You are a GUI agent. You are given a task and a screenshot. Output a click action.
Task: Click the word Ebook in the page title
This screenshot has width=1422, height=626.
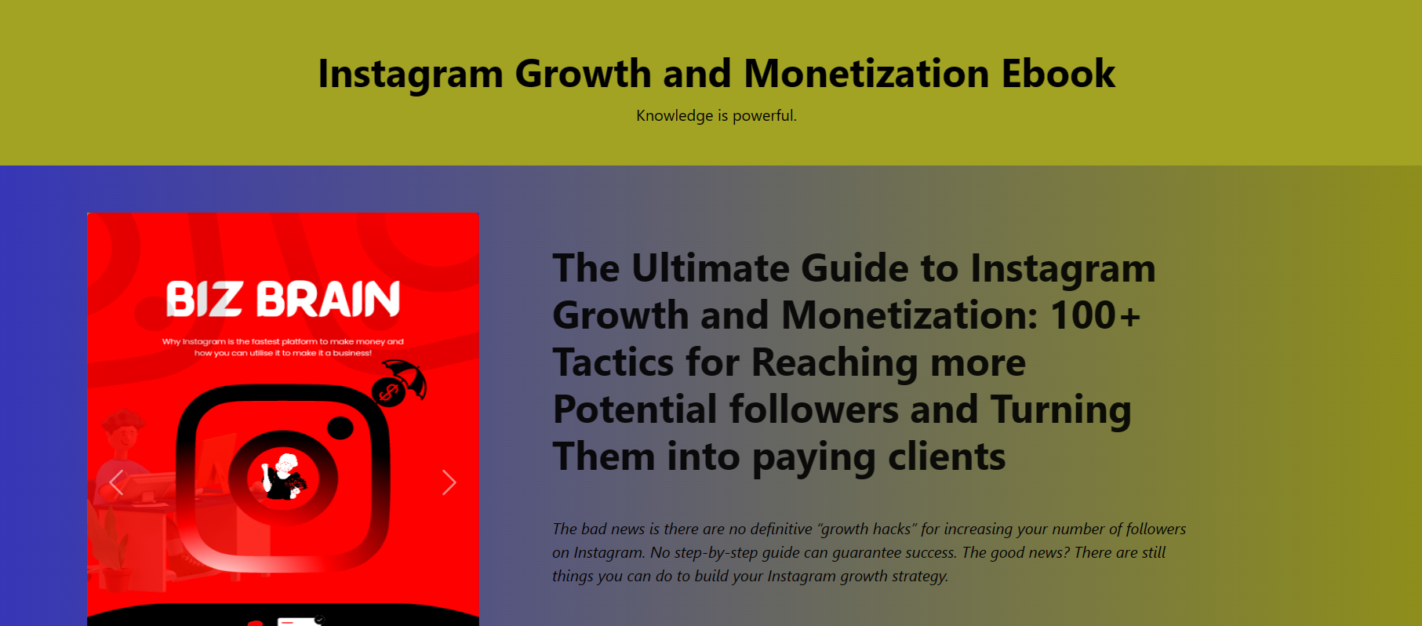(1058, 74)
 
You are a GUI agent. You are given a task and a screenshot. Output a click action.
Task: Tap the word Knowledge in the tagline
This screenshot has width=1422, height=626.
(675, 116)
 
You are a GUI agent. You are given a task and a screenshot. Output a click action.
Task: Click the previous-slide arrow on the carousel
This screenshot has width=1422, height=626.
(117, 482)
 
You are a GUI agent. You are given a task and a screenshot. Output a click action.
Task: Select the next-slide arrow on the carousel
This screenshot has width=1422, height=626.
(449, 482)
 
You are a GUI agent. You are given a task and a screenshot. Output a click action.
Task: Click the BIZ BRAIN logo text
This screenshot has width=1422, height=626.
(283, 299)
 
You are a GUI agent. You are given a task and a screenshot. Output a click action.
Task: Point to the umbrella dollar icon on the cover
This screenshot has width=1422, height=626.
(399, 383)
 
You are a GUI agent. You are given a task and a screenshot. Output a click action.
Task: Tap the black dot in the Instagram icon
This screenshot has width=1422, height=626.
(340, 428)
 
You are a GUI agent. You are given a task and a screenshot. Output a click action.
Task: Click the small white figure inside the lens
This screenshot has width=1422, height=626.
(282, 476)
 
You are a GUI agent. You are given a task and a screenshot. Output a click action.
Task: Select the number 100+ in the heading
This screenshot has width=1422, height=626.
(1095, 315)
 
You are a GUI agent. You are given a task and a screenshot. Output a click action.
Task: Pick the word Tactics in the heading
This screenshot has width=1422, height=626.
(613, 362)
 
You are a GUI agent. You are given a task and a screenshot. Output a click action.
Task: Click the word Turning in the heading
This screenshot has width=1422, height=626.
(1061, 410)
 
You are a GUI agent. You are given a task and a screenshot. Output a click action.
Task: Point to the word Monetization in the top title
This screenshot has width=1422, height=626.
(867, 74)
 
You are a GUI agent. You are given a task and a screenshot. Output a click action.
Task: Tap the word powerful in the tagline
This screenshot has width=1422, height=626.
(765, 116)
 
